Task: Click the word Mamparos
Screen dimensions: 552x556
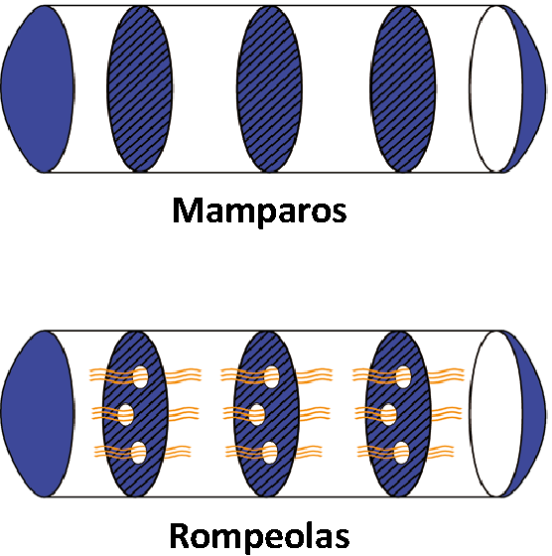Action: point(259,210)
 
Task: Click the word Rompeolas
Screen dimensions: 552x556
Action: point(259,535)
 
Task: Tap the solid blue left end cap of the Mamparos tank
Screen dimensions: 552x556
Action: point(37,88)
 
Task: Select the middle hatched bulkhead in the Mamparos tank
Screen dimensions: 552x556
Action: point(269,88)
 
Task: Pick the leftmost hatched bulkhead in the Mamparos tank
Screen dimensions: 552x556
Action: point(140,88)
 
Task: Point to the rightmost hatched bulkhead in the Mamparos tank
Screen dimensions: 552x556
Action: point(403,88)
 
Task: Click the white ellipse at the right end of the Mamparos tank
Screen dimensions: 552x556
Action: point(496,88)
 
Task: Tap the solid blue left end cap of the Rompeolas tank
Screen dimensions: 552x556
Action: point(37,413)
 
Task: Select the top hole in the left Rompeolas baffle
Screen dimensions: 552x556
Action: point(140,377)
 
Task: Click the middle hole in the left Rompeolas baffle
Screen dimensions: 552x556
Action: point(125,414)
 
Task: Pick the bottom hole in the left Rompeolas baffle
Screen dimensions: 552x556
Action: point(139,453)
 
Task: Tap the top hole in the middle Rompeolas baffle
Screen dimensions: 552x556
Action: point(271,377)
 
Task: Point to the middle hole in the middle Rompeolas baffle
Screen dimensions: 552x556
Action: point(257,414)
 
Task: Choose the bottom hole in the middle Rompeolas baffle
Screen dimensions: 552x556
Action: point(270,453)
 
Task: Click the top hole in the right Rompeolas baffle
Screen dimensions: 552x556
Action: point(403,377)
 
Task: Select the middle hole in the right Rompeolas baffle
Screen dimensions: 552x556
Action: point(388,414)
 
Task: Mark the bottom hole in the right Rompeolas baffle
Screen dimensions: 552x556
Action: point(402,453)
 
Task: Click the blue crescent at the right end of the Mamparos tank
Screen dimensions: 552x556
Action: point(533,88)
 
